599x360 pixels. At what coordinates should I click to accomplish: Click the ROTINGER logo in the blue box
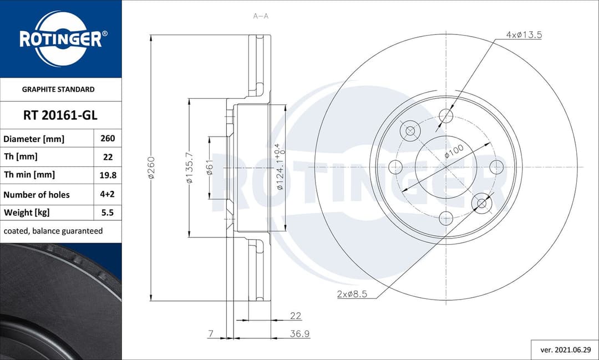(60, 38)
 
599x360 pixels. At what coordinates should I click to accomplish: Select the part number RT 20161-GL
(60, 115)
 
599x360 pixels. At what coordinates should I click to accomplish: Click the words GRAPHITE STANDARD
(58, 89)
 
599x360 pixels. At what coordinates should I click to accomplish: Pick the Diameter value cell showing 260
(108, 139)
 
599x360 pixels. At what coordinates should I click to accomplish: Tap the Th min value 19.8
(108, 175)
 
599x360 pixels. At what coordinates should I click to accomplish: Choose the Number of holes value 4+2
(108, 195)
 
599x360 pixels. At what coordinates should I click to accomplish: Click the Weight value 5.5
(108, 212)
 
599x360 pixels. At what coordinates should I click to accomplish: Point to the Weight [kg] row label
(27, 212)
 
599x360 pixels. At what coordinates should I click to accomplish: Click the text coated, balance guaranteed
(53, 231)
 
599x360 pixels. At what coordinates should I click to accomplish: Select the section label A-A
(261, 16)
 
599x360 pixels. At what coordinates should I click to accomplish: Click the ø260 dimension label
(151, 167)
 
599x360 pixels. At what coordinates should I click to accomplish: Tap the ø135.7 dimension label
(189, 168)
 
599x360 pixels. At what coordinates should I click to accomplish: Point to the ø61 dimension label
(210, 167)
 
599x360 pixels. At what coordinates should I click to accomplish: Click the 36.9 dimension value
(300, 334)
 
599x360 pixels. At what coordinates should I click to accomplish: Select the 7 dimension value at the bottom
(211, 334)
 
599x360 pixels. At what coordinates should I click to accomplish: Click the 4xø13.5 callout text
(524, 35)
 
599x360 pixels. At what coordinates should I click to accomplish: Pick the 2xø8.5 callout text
(352, 294)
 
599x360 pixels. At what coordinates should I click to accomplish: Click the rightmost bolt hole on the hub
(496, 166)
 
